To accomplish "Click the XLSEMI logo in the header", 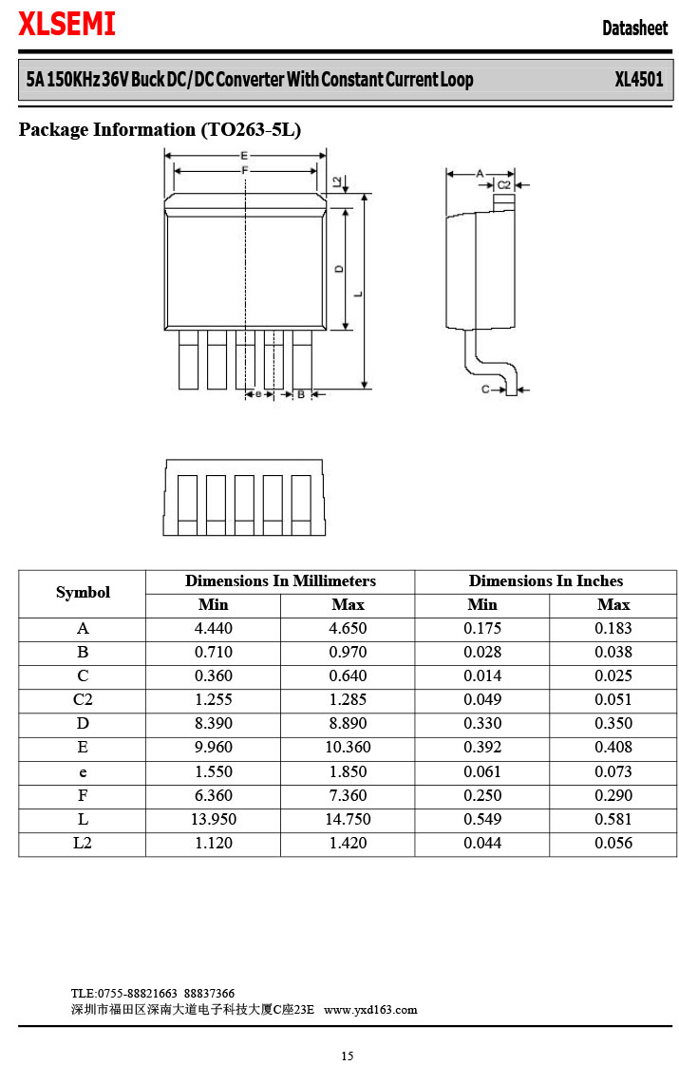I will click(66, 26).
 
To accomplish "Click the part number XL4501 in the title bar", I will click(638, 79).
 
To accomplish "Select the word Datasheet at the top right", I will click(634, 29).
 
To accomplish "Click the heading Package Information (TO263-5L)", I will click(160, 130).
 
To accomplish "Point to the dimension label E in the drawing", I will click(245, 155).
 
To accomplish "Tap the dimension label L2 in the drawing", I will click(337, 181).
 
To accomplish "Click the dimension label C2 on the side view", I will click(504, 184).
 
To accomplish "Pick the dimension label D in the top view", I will click(340, 269).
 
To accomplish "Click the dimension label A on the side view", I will click(481, 173).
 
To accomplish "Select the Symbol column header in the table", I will click(83, 593).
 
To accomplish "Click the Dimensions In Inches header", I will click(546, 581).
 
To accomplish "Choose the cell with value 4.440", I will click(213, 629).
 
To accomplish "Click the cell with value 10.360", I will click(348, 748).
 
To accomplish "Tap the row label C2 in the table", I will click(83, 700).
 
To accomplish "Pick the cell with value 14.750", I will click(348, 819).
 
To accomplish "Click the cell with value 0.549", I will click(482, 819).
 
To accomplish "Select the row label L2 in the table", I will click(83, 843).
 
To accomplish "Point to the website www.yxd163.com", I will click(370, 1009).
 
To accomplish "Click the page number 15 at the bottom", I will click(348, 1055).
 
